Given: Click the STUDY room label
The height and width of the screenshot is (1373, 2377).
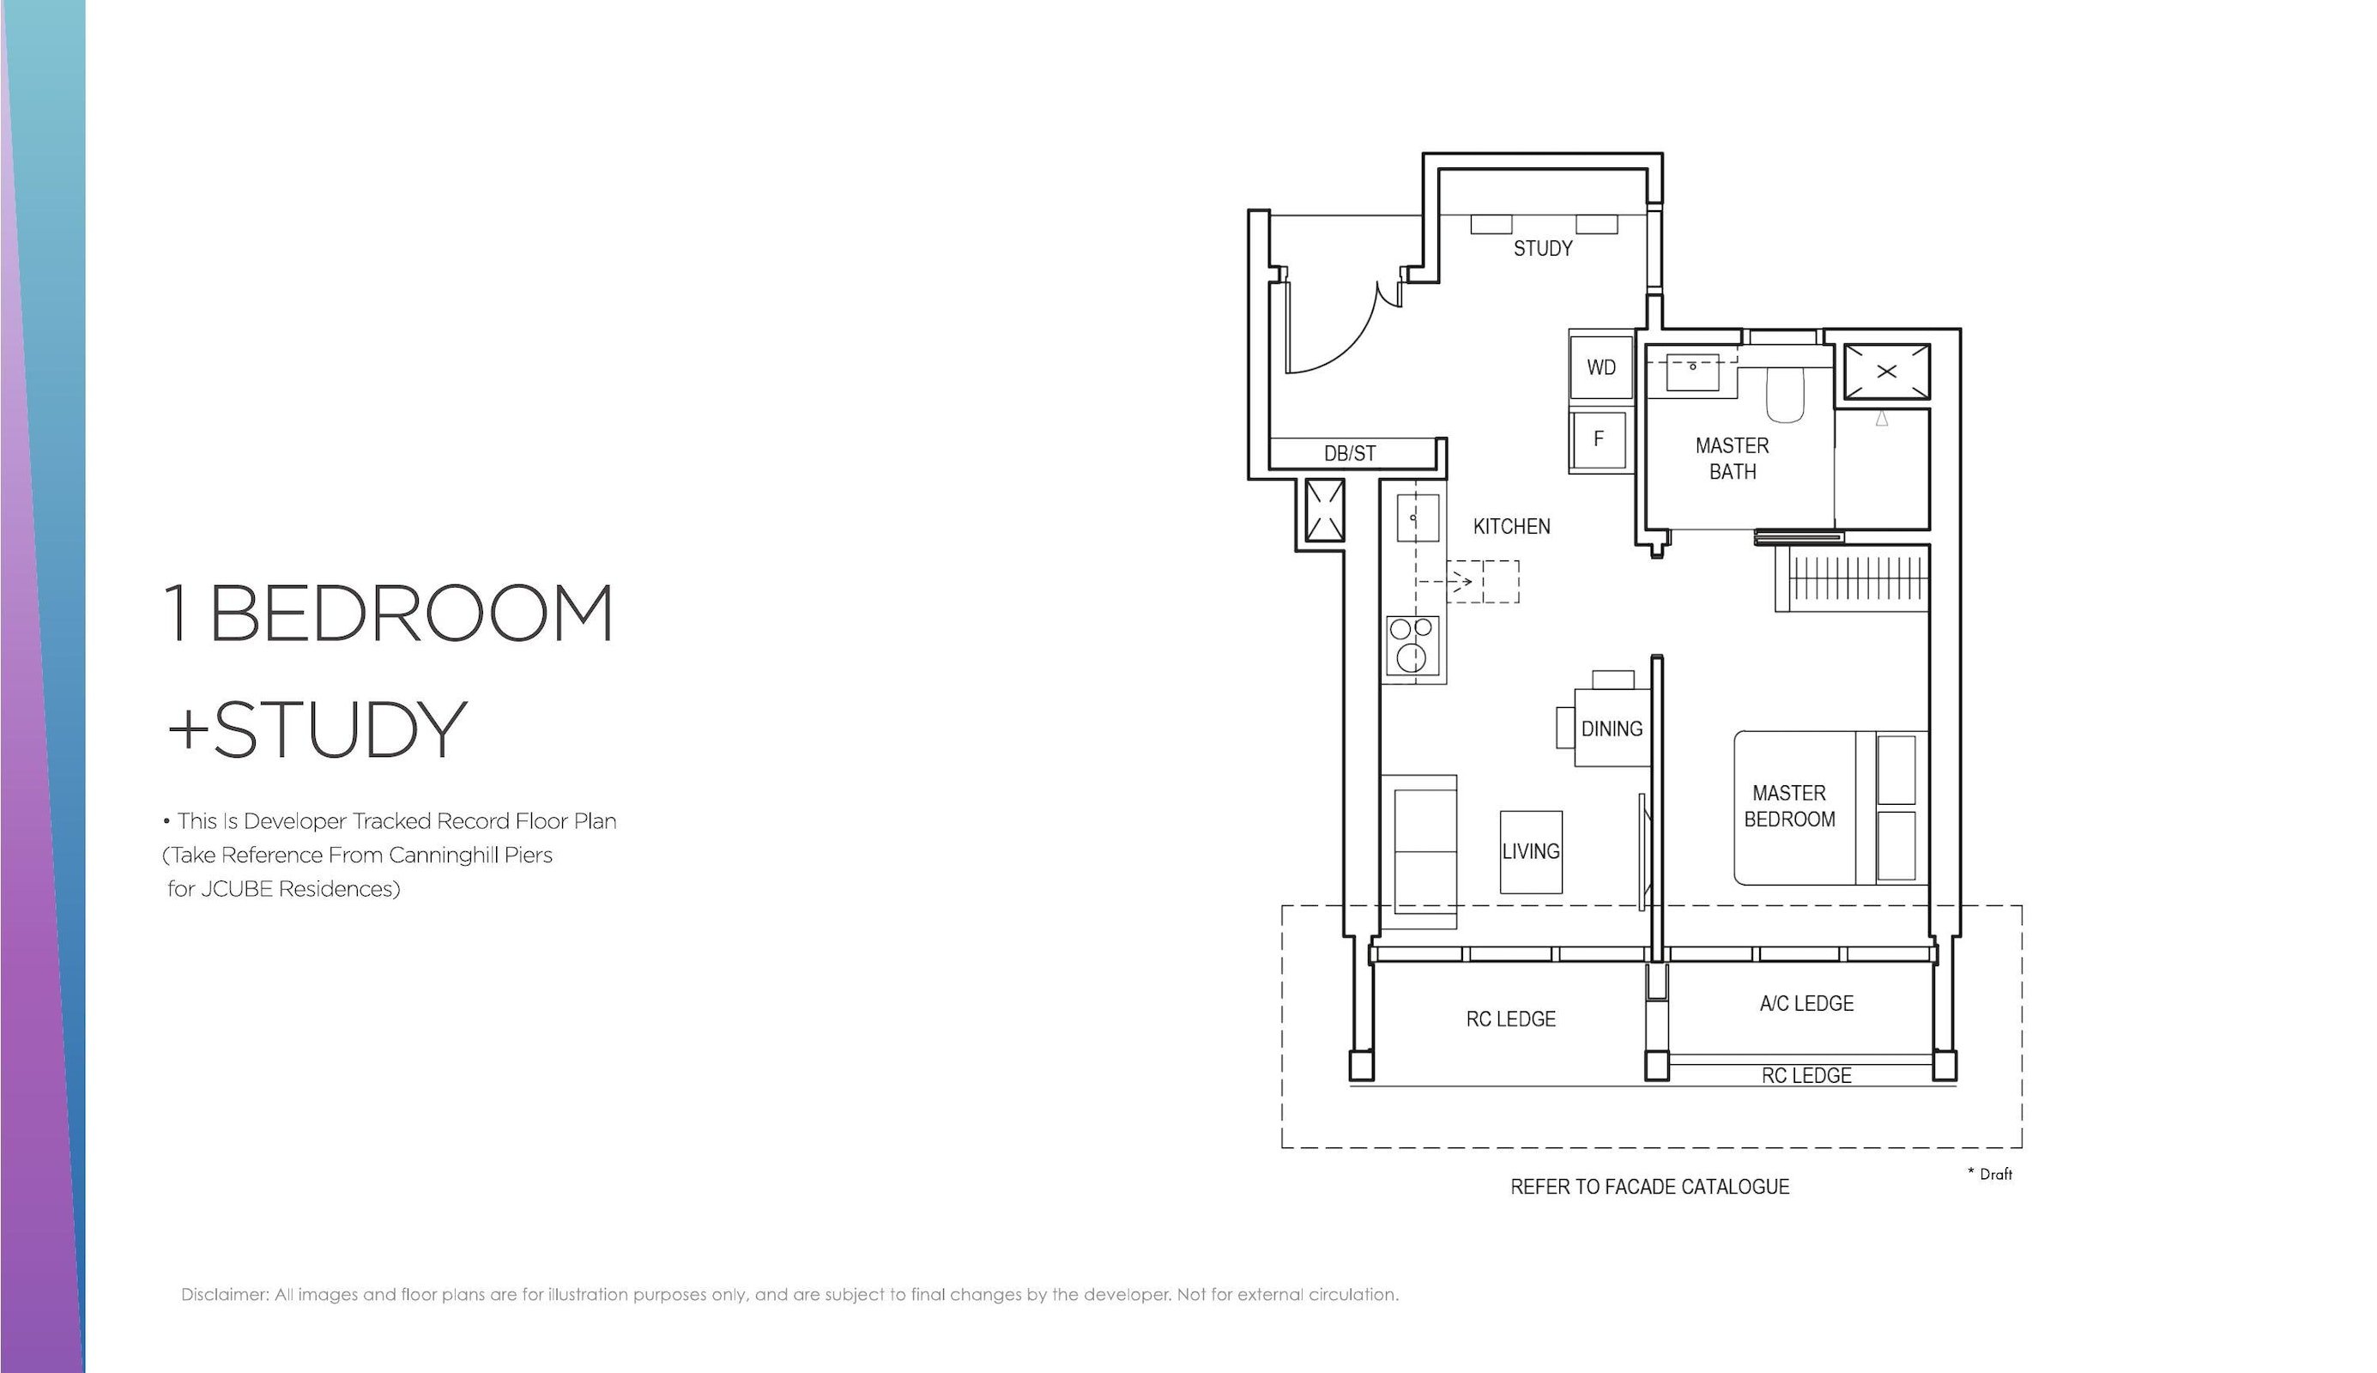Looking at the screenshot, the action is [1543, 248].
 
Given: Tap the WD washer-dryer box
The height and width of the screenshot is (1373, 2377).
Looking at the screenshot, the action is [1601, 366].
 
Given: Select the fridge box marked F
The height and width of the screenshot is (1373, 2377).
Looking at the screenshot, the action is [1598, 439].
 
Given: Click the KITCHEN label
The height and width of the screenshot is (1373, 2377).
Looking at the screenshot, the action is [1511, 526].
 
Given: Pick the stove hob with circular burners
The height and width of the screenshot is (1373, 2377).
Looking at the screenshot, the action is [1412, 647].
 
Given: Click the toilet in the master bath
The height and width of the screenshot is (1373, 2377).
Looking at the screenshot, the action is [1785, 394].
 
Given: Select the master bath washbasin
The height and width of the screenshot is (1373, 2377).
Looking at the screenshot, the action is [1692, 372].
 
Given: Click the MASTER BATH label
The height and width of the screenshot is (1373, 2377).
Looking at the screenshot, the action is [1732, 458].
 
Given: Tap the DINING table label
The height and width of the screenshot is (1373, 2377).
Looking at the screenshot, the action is [1612, 729].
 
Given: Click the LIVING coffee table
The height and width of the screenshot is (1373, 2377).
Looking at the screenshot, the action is [1530, 851].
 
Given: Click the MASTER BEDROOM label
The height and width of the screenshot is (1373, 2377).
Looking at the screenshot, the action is [1788, 807].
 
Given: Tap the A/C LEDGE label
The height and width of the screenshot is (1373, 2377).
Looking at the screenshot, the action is [1805, 1003].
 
